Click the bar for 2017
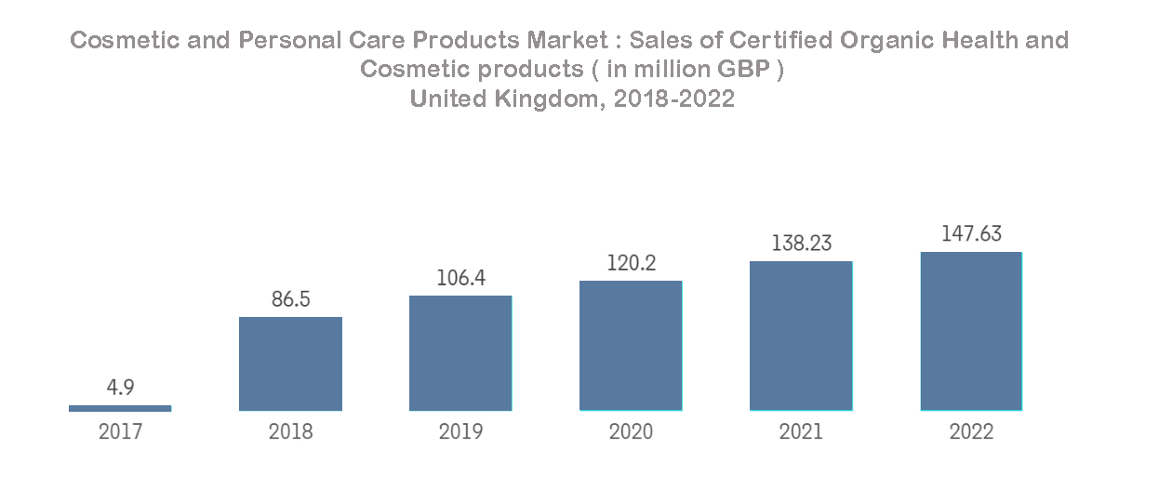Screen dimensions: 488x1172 pos(120,407)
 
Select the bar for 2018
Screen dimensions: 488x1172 pos(290,363)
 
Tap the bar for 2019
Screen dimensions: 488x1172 pos(460,353)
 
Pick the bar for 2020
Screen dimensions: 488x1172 pos(631,346)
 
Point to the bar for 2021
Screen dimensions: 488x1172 pos(801,336)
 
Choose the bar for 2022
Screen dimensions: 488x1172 pos(971,331)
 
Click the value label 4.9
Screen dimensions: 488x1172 pos(120,388)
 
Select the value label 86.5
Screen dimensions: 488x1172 pos(290,299)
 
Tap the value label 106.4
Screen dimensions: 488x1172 pos(460,278)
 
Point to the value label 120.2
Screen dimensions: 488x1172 pos(631,263)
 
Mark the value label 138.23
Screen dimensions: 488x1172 pos(801,244)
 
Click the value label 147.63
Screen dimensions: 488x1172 pos(971,233)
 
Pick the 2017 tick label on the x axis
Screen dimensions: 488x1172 pos(120,432)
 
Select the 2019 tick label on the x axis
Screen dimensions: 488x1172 pos(460,432)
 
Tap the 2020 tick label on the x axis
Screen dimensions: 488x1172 pos(631,432)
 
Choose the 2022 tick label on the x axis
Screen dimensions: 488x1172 pos(971,432)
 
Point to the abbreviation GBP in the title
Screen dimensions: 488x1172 pos(746,70)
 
